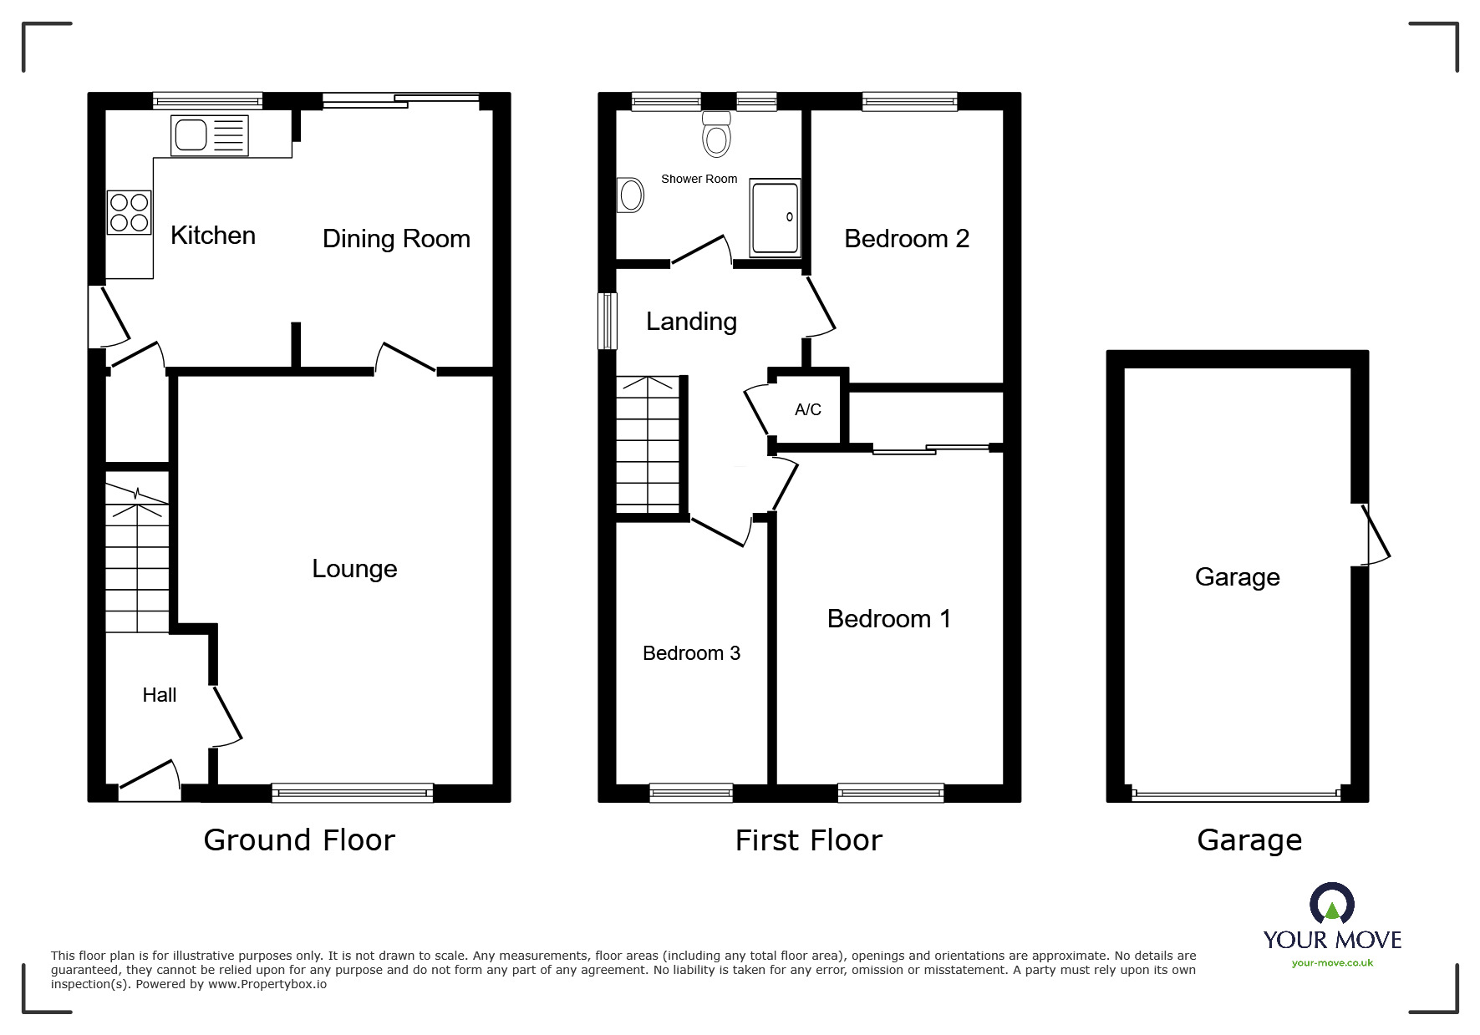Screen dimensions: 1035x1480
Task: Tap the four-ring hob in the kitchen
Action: [x=129, y=212]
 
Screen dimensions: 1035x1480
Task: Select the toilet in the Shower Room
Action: [x=716, y=135]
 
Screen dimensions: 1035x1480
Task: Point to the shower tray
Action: [x=775, y=217]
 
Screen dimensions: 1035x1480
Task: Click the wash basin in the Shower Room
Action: [x=630, y=195]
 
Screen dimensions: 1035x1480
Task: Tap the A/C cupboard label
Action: [x=807, y=409]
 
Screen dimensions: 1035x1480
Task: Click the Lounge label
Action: [x=354, y=569]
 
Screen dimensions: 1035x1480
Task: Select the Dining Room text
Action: [x=396, y=239]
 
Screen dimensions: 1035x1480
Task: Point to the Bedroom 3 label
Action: [x=691, y=653]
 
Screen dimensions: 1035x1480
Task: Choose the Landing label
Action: [x=691, y=322]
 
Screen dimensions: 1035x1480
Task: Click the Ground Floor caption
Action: [x=299, y=840]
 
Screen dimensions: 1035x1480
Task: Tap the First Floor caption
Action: [x=808, y=840]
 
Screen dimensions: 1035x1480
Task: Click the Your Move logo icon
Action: [x=1331, y=904]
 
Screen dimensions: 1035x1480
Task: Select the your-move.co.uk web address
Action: [x=1332, y=963]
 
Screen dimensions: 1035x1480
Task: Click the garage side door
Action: [x=1373, y=535]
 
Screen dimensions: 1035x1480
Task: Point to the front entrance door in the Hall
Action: [x=150, y=777]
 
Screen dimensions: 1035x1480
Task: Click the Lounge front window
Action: [x=352, y=793]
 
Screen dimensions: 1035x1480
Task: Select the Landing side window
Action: [x=608, y=321]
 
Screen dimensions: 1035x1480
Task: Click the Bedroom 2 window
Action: [x=909, y=101]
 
